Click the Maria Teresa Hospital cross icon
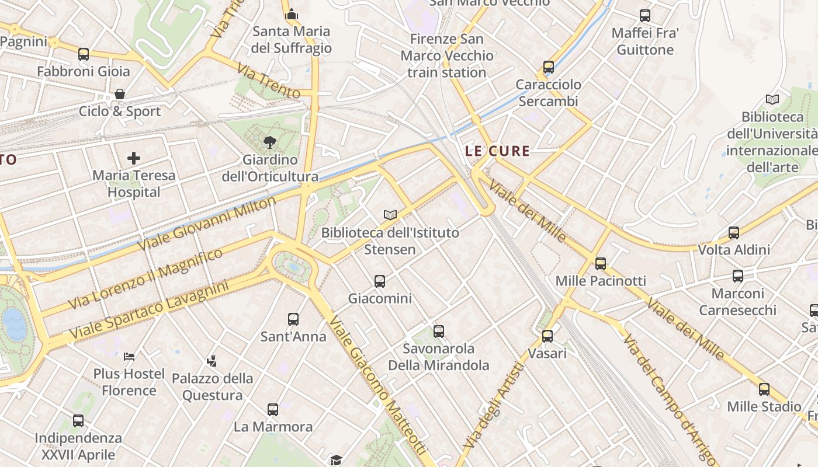click(134, 158)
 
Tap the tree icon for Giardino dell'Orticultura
click(269, 141)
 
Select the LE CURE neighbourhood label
click(497, 151)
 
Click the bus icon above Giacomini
click(380, 281)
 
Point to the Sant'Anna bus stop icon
click(293, 319)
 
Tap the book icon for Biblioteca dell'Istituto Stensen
click(390, 215)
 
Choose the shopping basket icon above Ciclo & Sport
click(120, 94)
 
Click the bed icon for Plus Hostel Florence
click(129, 356)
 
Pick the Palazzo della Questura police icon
click(212, 361)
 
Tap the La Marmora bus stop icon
click(273, 409)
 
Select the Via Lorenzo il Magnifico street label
click(145, 278)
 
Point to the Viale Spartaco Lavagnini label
click(149, 311)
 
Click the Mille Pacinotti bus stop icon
click(601, 264)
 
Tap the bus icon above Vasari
click(547, 336)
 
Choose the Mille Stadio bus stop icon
click(764, 389)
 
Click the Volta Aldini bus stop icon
click(734, 233)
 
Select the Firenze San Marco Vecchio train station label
click(447, 56)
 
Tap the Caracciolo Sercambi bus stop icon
click(548, 67)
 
